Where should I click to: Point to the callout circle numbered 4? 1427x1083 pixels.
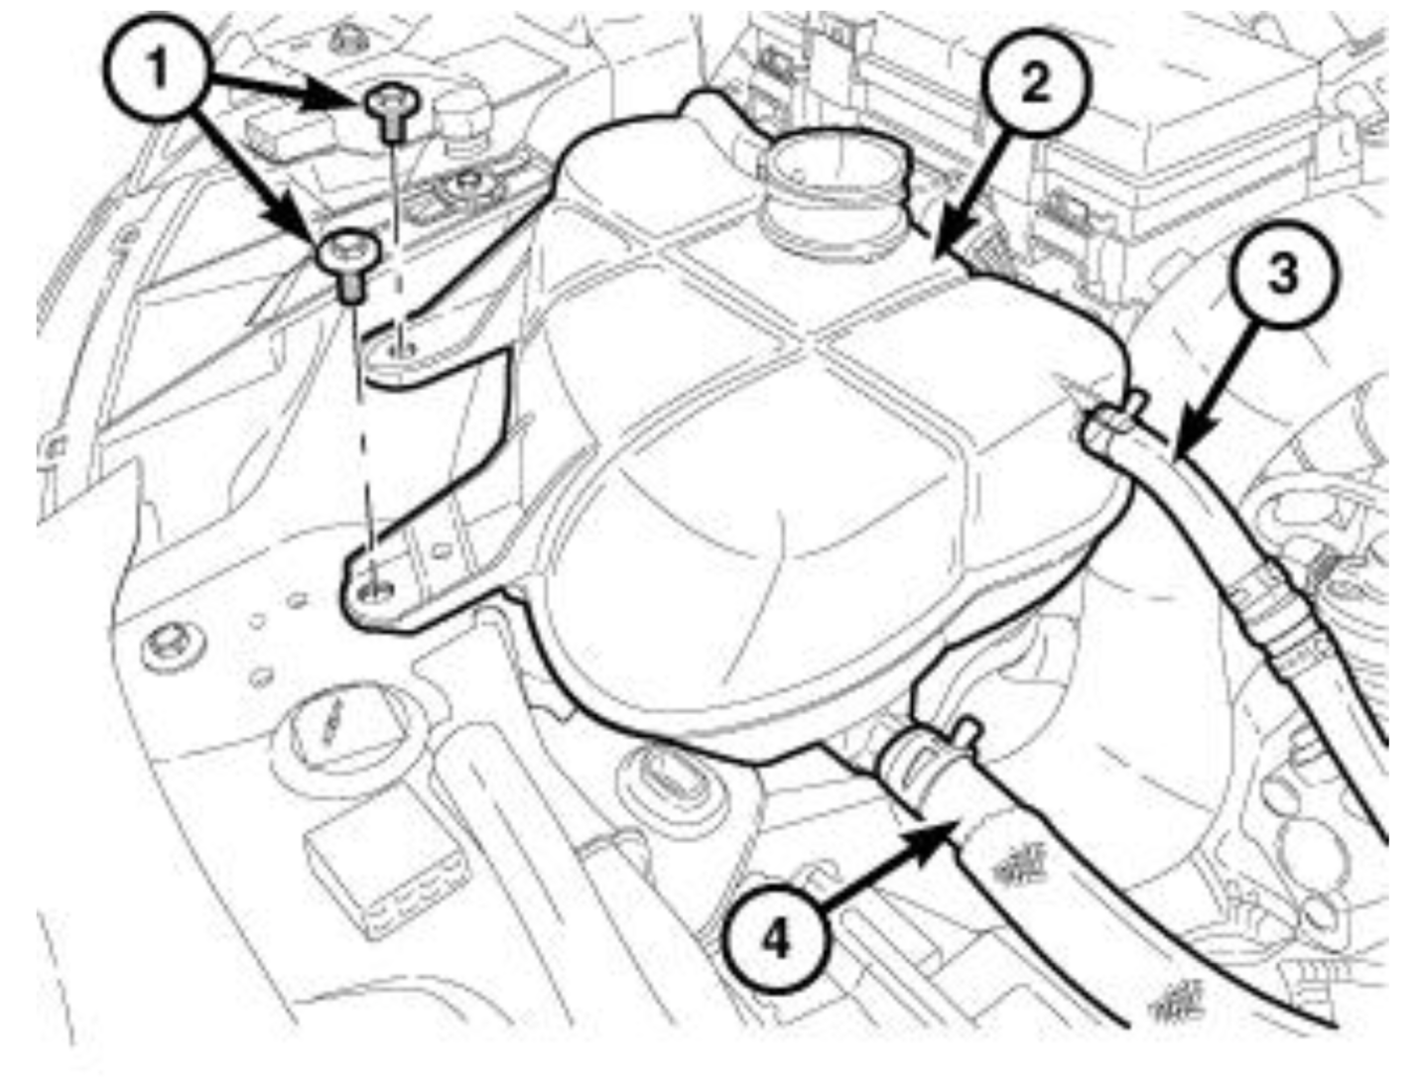pyautogui.click(x=776, y=940)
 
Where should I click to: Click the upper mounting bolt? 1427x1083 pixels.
pyautogui.click(x=392, y=113)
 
